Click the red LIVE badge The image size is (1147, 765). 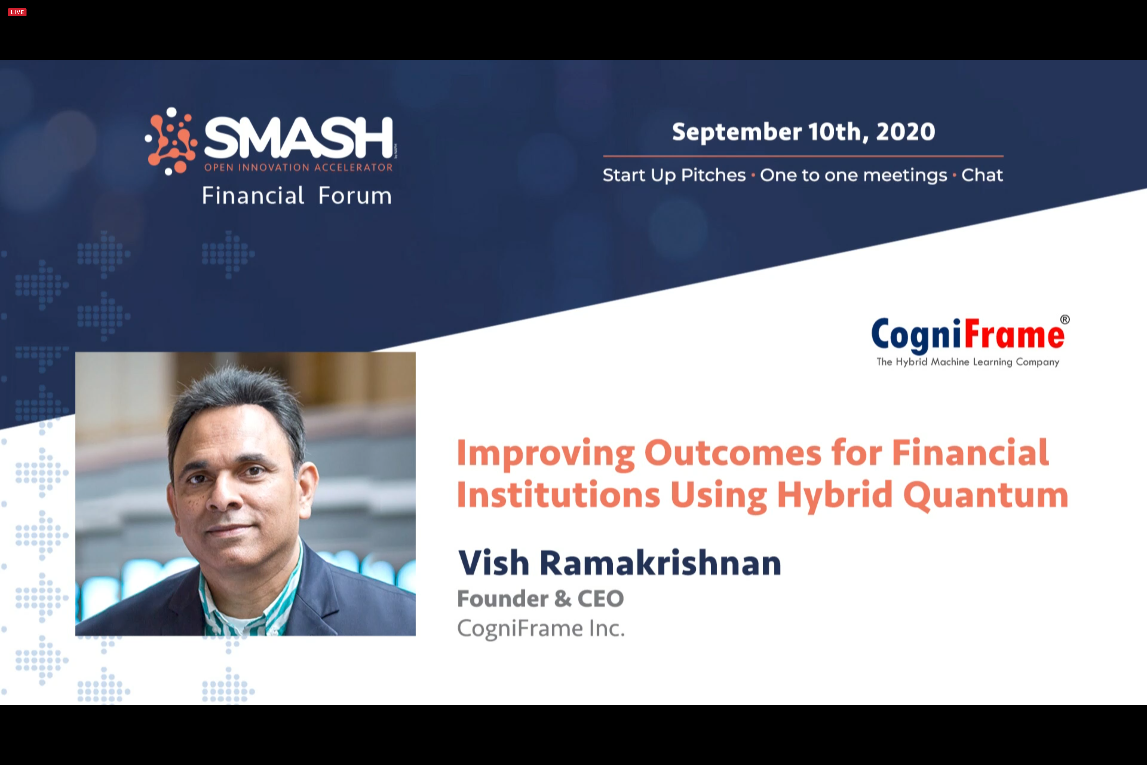point(17,12)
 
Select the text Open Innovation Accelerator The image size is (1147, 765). point(298,167)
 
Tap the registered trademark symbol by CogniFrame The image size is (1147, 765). point(1065,320)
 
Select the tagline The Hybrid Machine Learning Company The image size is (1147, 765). point(968,362)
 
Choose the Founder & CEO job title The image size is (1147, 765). point(540,599)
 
